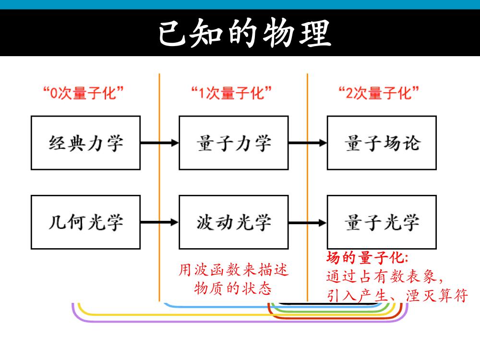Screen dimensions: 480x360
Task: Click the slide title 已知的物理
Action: [245, 33]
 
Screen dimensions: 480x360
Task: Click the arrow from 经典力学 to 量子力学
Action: [159, 143]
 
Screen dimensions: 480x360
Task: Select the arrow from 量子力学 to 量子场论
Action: [308, 143]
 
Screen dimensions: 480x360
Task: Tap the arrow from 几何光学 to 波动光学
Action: [159, 222]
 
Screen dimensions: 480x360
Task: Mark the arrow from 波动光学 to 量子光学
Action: [308, 223]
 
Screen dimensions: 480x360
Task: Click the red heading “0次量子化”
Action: [83, 93]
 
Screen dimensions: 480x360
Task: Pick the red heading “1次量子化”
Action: [231, 93]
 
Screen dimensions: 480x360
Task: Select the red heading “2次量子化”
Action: [379, 93]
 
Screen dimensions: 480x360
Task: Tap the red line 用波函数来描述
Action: [234, 270]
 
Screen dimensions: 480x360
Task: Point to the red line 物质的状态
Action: [233, 288]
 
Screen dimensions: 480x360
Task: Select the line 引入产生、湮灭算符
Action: [397, 296]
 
